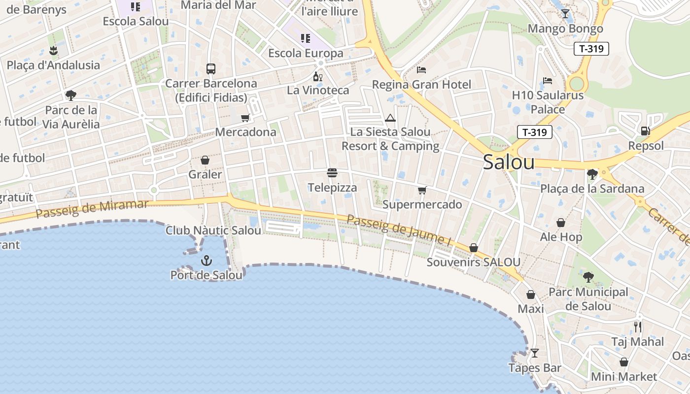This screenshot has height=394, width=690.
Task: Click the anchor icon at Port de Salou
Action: (x=206, y=261)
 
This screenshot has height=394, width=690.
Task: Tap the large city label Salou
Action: (x=509, y=162)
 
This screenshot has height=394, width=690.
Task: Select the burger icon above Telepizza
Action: (x=332, y=173)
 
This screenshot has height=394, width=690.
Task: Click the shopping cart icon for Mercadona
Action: (x=245, y=118)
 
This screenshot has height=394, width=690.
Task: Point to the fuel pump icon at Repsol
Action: (x=645, y=131)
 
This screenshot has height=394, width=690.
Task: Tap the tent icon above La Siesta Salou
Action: (x=390, y=118)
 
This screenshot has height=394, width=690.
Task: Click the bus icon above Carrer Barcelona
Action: (x=211, y=69)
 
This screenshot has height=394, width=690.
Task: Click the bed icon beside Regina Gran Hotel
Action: (x=421, y=70)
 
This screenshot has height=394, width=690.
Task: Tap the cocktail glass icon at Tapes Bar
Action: (x=534, y=353)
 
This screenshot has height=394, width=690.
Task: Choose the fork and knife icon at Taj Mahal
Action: (x=638, y=327)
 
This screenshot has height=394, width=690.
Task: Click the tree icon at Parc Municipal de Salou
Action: (x=588, y=276)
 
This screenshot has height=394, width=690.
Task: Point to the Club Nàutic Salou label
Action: (x=213, y=230)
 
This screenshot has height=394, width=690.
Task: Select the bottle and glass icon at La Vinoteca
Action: (x=318, y=76)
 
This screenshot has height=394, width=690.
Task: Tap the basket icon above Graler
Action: (x=205, y=160)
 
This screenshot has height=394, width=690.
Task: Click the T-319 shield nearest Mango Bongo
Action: (x=591, y=49)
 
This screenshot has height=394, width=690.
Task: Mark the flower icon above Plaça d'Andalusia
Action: (x=53, y=50)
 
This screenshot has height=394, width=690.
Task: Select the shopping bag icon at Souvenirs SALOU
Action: (x=474, y=247)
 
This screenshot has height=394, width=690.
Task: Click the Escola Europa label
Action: (x=306, y=53)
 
